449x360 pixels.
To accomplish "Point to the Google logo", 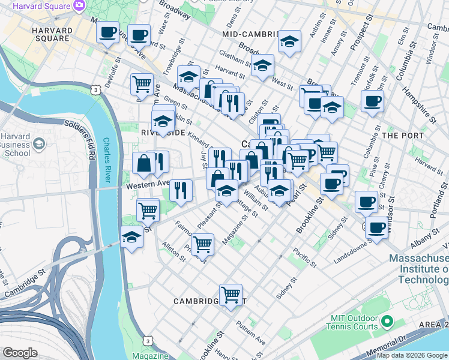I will (20, 352).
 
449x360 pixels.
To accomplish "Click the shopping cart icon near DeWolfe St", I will (141, 83).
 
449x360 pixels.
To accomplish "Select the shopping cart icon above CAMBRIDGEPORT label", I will (231, 293).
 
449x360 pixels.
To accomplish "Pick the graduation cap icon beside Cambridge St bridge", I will (131, 236).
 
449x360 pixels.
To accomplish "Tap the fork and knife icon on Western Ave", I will (180, 190).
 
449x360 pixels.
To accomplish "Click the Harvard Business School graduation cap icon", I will (39, 143).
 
